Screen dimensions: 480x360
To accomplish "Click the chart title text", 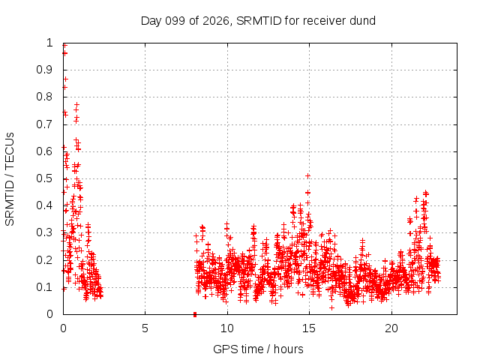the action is [258, 21].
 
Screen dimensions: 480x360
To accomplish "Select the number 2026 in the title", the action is [216, 21].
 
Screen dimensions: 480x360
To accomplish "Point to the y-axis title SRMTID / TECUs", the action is [10, 179].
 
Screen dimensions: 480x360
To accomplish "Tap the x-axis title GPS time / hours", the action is [258, 349].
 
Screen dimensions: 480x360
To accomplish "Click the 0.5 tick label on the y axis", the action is [45, 178].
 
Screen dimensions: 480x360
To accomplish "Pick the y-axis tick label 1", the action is [49, 43].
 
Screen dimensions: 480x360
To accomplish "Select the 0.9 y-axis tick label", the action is [45, 70].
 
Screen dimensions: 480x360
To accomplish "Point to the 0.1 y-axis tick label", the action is [45, 287].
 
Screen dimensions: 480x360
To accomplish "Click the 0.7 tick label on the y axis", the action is [45, 124].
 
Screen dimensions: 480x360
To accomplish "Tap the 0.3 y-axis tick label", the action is [45, 232].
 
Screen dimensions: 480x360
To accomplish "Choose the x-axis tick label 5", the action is [145, 328].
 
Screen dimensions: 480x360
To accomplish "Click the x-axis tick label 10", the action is [227, 328].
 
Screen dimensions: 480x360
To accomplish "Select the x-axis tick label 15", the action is [309, 328].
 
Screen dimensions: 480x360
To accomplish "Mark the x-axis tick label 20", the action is [391, 328].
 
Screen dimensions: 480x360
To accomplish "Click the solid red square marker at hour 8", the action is [195, 314].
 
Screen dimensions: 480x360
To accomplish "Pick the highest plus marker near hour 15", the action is [308, 175].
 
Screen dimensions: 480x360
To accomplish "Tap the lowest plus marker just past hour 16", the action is [331, 307].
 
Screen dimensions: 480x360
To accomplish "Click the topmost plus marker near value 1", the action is [64, 46].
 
